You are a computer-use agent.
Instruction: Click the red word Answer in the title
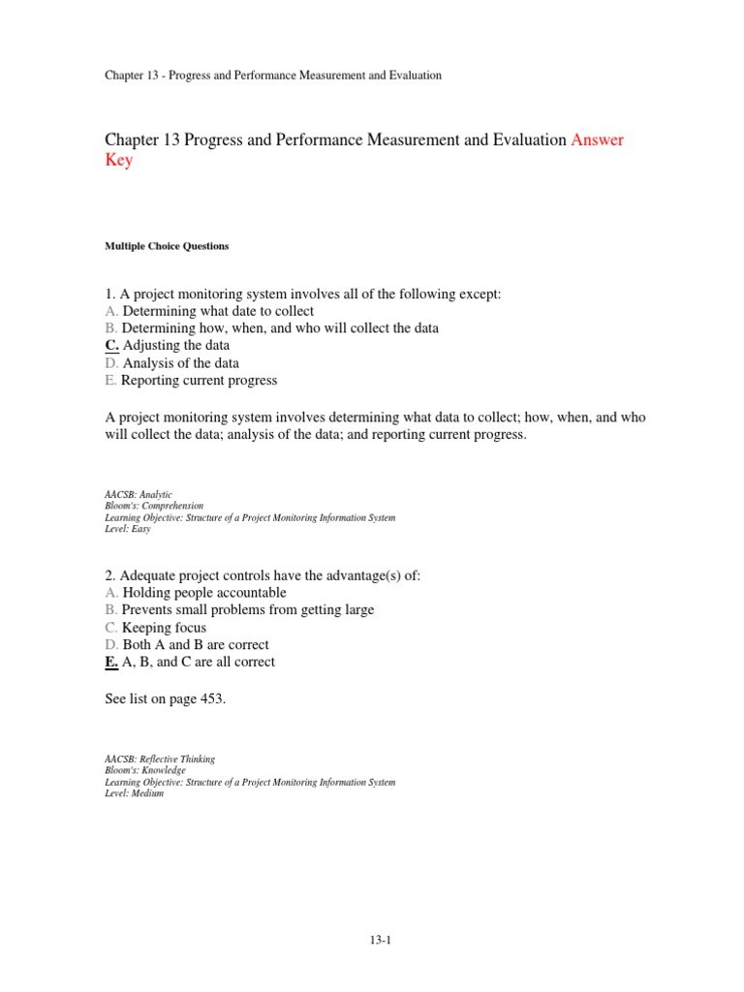[x=598, y=140]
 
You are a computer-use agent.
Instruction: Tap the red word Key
[x=118, y=161]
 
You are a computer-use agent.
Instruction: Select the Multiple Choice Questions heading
[x=167, y=246]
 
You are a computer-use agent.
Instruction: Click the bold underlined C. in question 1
[x=111, y=346]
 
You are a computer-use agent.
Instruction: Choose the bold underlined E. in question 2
[x=111, y=662]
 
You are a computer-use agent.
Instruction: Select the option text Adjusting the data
[x=176, y=346]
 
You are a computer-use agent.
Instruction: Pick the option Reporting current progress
[x=200, y=381]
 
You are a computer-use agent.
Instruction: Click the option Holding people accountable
[x=204, y=592]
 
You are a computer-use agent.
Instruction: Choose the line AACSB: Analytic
[x=139, y=494]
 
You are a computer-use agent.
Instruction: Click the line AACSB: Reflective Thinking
[x=160, y=759]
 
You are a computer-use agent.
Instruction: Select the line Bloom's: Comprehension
[x=154, y=506]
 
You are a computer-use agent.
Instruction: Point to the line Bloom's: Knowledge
[x=144, y=771]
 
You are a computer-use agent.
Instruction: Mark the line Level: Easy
[x=128, y=529]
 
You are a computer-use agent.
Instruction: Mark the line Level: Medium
[x=134, y=794]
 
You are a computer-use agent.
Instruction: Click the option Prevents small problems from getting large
[x=248, y=609]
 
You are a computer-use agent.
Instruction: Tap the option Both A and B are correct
[x=196, y=644]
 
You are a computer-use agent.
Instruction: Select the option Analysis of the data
[x=181, y=363]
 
